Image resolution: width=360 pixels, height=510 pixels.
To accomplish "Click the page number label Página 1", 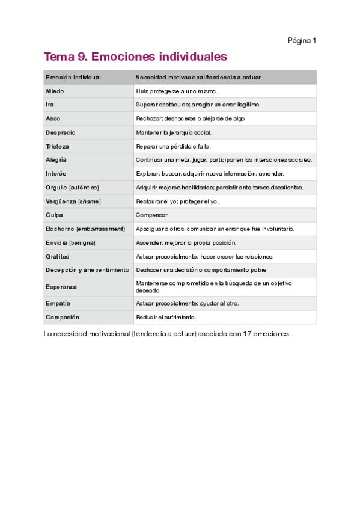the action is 302,41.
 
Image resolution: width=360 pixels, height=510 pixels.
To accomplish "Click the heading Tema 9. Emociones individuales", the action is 135,57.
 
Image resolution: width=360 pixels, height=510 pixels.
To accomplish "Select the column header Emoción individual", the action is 73,78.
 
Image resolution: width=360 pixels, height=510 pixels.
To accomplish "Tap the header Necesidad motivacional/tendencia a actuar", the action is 198,78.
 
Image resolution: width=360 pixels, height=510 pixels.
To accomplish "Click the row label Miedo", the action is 55,91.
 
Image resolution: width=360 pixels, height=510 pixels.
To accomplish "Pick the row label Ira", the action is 50,105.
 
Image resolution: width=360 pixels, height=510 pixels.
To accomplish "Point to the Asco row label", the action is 53,118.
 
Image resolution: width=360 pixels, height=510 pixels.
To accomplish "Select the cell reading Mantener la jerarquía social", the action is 174,132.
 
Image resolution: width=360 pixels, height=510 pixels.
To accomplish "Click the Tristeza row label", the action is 57,146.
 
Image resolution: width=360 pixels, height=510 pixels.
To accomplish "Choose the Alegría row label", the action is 56,160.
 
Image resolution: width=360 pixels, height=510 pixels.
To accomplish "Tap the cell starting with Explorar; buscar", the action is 210,174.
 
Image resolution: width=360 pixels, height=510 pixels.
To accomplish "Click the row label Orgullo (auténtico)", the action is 72,188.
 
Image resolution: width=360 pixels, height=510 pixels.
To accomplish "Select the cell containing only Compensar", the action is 152,215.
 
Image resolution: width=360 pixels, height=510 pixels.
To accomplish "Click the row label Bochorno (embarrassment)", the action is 85,229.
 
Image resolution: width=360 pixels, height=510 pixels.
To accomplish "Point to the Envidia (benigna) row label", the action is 70,243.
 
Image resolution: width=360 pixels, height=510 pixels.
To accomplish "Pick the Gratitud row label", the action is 58,257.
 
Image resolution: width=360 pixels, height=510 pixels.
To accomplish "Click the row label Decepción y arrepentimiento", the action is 87,270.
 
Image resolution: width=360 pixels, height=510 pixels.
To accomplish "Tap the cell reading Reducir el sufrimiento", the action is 166,317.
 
